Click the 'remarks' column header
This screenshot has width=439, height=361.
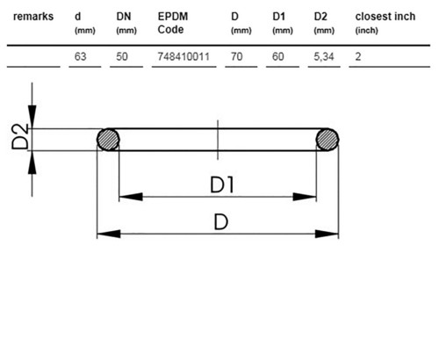click(x=33, y=17)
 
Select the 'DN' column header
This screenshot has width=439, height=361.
click(x=124, y=17)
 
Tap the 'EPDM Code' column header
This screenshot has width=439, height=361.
click(x=173, y=23)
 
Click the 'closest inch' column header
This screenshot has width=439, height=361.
click(x=385, y=17)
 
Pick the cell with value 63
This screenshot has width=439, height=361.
click(x=80, y=56)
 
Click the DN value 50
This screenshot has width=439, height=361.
click(x=122, y=56)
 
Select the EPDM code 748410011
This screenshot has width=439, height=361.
click(x=184, y=56)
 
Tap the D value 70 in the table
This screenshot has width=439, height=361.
click(x=236, y=56)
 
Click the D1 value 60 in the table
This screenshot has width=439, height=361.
click(x=278, y=56)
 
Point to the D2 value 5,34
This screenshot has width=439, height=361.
click(x=324, y=56)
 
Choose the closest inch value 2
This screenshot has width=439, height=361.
click(x=358, y=56)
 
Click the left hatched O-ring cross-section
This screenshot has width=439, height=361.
click(x=108, y=140)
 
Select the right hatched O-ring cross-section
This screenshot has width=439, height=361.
click(x=327, y=140)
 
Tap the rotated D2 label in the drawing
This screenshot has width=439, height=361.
click(x=20, y=136)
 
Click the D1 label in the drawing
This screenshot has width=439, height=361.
click(x=222, y=185)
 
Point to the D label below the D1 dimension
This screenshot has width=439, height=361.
click(x=221, y=222)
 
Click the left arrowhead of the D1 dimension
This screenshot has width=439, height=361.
click(x=131, y=197)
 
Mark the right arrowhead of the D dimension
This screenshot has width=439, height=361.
click(x=327, y=234)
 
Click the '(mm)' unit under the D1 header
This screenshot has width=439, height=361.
click(x=283, y=31)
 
